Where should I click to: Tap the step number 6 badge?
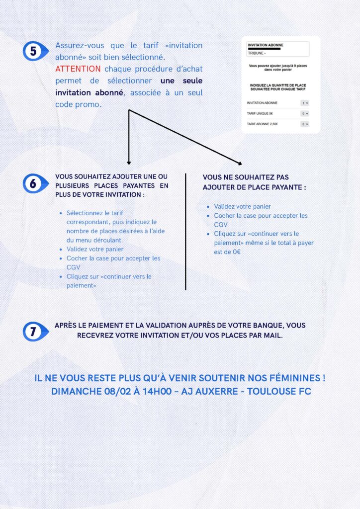pos(33,183)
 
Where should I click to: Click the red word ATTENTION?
pos(78,69)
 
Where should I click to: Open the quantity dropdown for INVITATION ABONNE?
pos(305,103)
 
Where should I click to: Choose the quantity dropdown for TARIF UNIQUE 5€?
pos(305,114)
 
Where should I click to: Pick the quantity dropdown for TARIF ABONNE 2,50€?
pos(305,124)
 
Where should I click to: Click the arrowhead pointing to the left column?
pos(129,162)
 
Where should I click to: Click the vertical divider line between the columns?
pos(185,231)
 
